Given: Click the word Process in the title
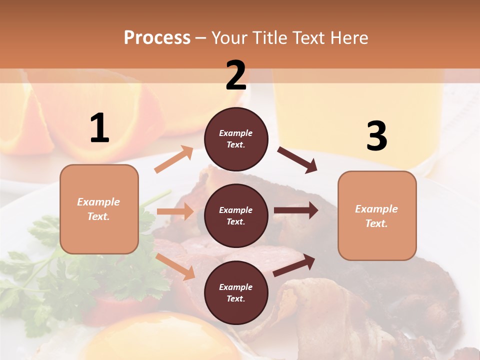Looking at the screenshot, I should [157, 37].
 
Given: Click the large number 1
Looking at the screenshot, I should [99, 128].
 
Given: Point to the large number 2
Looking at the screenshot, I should [236, 75].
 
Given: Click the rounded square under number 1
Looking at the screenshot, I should [99, 209].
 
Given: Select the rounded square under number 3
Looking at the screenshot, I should [377, 216].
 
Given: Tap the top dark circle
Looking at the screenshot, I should [236, 139].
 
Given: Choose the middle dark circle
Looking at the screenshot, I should [236, 216].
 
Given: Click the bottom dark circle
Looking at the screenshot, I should [236, 293].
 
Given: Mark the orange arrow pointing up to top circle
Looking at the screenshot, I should [173, 159].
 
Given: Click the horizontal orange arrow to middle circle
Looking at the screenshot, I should [174, 211].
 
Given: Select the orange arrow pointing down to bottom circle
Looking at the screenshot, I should [175, 266].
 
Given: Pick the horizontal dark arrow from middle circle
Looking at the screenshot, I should [295, 210].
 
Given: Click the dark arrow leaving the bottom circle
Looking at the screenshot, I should [294, 265].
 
